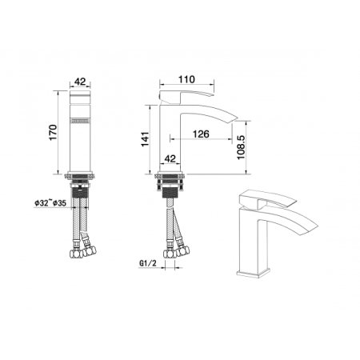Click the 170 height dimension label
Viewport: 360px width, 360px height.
pyautogui.click(x=54, y=132)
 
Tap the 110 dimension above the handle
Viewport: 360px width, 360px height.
pyautogui.click(x=187, y=79)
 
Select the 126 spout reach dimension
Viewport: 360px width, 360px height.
pyautogui.click(x=201, y=134)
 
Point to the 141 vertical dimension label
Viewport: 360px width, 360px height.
pyautogui.click(x=145, y=139)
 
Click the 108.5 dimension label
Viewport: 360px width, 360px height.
pyautogui.click(x=241, y=147)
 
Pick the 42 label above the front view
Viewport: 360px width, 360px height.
pyautogui.click(x=80, y=82)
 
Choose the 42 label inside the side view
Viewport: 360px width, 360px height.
pyautogui.click(x=170, y=158)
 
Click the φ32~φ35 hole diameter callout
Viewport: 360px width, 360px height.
pyautogui.click(x=50, y=203)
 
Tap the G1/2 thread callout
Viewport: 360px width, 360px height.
pyautogui.click(x=148, y=263)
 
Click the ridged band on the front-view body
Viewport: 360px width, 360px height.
pyautogui.click(x=80, y=121)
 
